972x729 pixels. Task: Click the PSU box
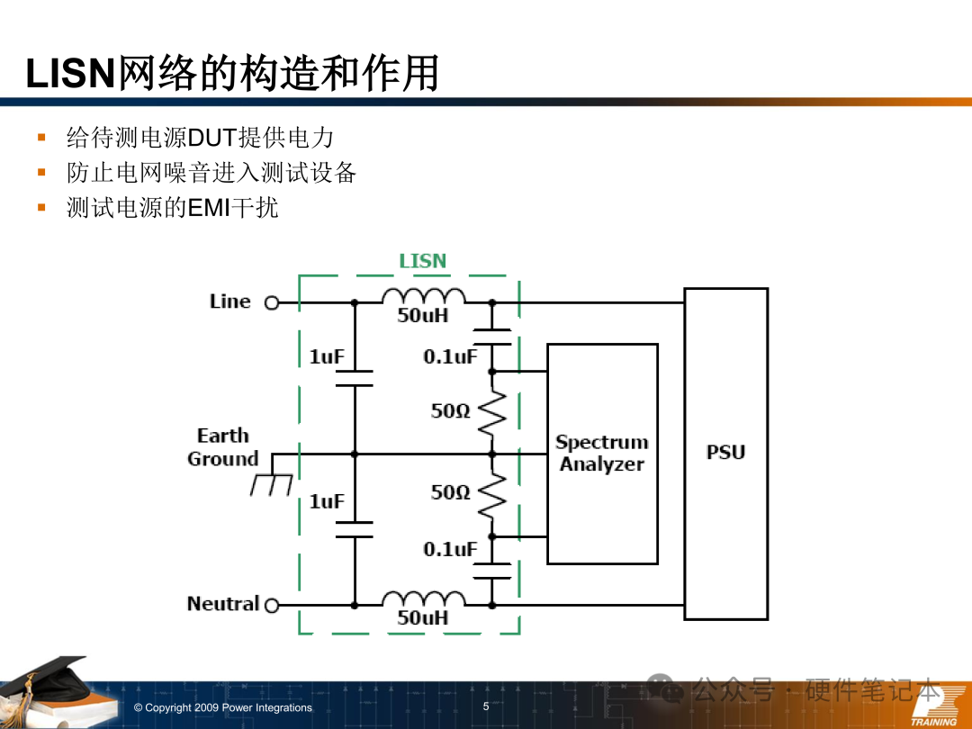725,453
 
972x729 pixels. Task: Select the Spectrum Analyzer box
602,454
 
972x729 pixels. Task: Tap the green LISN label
422,261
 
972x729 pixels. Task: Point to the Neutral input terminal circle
272,606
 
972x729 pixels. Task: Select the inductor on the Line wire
423,298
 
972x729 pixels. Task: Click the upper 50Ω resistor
491,412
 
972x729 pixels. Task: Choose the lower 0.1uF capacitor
491,571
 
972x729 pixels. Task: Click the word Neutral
222,604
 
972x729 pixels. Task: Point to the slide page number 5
486,706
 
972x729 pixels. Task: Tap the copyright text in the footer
222,708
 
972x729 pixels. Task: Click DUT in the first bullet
211,138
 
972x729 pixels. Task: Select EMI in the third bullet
209,208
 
